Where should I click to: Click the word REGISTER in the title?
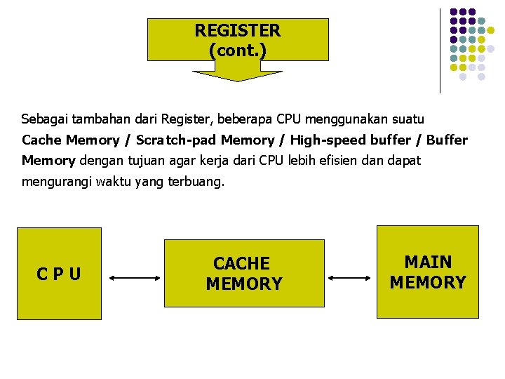point(237,31)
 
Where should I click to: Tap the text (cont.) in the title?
point(237,51)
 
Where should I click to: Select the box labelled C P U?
point(59,273)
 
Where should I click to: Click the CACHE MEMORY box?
point(244,273)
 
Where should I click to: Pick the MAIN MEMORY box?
point(428,272)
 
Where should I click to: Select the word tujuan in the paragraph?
point(127,161)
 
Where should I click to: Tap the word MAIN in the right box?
point(428,262)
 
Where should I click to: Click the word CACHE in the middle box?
point(241,264)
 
